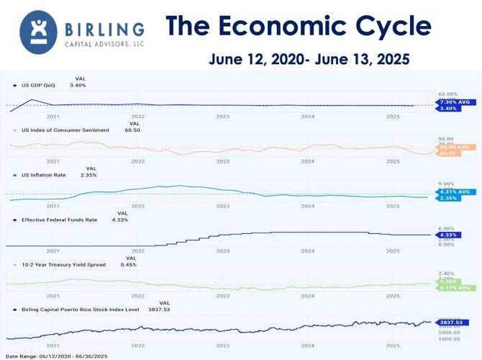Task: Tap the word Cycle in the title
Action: pyautogui.click(x=395, y=27)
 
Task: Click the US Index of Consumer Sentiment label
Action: pyautogui.click(x=65, y=130)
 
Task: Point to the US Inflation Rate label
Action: pyautogui.click(x=45, y=175)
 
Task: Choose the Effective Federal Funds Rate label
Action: pyautogui.click(x=59, y=220)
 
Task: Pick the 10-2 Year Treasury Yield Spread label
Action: pyautogui.click(x=63, y=264)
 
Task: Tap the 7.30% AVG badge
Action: pyautogui.click(x=455, y=102)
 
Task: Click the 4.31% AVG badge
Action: pyautogui.click(x=455, y=192)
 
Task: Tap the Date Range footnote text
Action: pyautogui.click(x=58, y=356)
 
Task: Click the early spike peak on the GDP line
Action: pyautogui.click(x=31, y=99)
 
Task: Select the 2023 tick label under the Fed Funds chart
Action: pyautogui.click(x=222, y=251)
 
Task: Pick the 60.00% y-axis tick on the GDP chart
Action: pyautogui.click(x=447, y=94)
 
